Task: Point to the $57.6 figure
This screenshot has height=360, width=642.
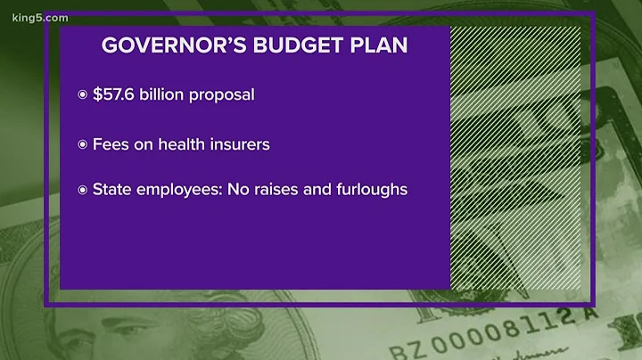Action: click(114, 95)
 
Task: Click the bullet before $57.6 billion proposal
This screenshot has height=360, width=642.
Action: click(82, 95)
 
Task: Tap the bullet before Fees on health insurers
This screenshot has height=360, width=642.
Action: click(82, 143)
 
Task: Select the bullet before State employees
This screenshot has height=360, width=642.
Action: click(82, 191)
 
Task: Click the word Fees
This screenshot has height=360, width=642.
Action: click(111, 143)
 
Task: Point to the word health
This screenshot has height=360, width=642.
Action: click(183, 143)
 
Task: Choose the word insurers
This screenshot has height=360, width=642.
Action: click(239, 143)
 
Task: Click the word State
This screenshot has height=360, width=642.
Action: click(111, 191)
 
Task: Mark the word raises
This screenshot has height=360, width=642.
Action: click(274, 191)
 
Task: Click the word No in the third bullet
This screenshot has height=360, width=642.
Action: click(233, 191)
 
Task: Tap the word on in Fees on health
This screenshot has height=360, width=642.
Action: click(145, 143)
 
